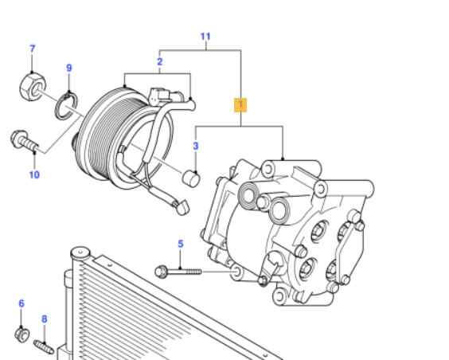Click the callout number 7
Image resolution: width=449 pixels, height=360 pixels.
[32, 49]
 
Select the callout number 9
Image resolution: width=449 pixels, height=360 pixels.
[68, 68]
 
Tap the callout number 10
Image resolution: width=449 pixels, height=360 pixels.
[34, 175]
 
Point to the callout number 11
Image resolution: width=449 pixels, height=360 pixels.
[205, 37]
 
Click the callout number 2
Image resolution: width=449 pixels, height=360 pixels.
[159, 61]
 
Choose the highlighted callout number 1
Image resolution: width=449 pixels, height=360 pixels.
[240, 104]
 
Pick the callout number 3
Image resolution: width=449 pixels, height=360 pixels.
[195, 146]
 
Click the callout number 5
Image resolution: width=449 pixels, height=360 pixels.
[180, 244]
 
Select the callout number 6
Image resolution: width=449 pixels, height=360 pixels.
[21, 303]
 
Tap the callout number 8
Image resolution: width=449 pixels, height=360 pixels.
[45, 319]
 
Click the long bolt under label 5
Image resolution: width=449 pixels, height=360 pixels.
[179, 272]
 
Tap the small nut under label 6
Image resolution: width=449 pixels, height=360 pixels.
[22, 334]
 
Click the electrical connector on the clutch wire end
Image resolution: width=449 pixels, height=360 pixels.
[181, 205]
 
